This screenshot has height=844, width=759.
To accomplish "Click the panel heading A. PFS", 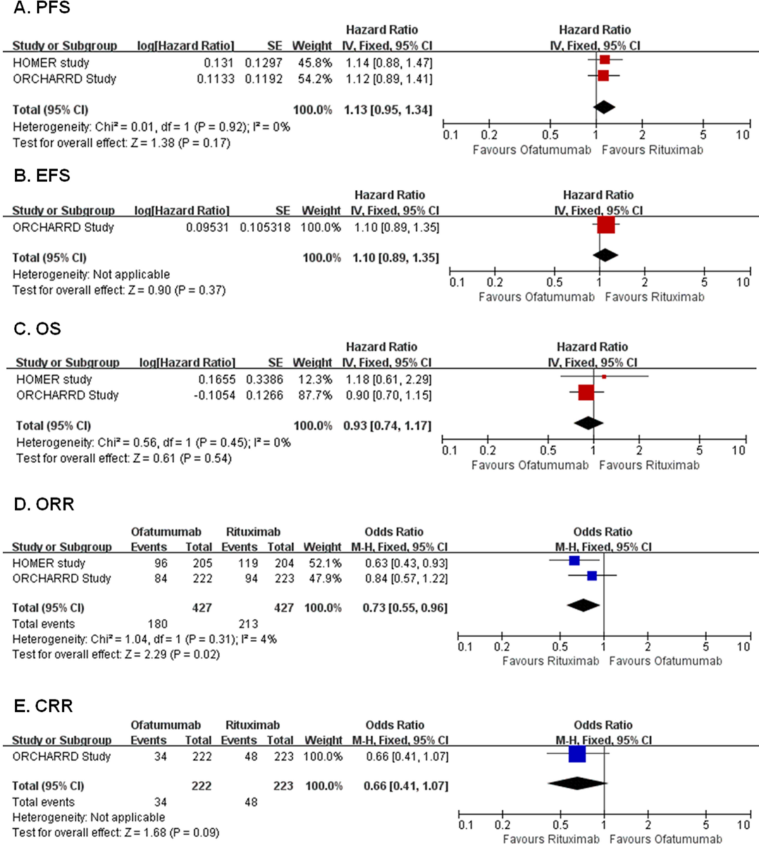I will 42,8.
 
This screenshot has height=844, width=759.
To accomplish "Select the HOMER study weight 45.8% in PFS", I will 315,63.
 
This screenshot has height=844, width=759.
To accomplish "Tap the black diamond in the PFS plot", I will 604,107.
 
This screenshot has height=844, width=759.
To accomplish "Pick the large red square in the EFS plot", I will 606,225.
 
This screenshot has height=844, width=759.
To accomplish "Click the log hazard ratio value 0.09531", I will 207,227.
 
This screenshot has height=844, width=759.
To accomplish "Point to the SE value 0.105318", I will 264,227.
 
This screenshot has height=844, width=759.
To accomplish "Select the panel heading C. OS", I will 37,329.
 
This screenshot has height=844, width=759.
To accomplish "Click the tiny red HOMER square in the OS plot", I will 604,376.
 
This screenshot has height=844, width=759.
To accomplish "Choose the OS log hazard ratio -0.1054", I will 214,395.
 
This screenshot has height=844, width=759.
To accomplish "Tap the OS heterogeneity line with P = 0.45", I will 153,442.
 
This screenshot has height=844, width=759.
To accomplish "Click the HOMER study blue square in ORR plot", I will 574,561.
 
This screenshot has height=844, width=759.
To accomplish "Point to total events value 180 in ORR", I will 157,624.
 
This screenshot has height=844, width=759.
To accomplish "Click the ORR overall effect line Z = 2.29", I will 116,654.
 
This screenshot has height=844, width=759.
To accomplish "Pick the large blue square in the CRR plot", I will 577,754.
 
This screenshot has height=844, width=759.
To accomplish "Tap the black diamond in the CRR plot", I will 577,783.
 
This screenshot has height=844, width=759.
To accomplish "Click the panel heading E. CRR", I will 43,706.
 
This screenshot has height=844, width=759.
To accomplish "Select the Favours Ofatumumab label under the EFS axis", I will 536,297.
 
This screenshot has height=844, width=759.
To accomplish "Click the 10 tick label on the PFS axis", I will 743,135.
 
